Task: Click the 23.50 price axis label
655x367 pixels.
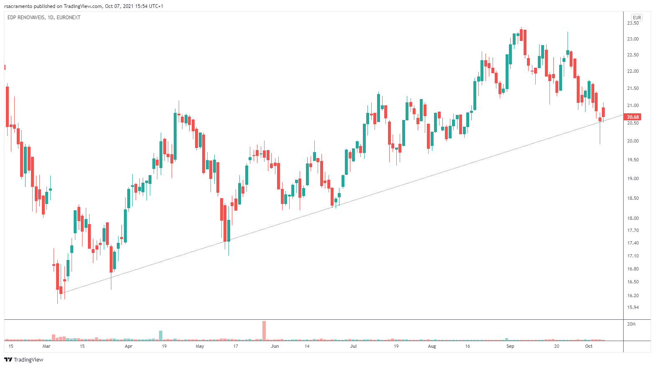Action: [633, 23]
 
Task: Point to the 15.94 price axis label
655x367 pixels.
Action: [633, 308]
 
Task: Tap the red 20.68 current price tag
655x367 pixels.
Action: [632, 117]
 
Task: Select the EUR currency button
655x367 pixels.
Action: [637, 18]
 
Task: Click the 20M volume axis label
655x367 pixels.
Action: [632, 324]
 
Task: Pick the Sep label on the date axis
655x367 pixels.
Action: [510, 346]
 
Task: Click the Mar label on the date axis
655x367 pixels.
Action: [46, 346]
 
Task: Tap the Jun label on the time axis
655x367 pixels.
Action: [275, 346]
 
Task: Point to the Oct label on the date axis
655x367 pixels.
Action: [589, 346]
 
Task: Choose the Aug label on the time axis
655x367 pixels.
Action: [432, 346]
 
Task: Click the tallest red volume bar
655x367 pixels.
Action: [264, 330]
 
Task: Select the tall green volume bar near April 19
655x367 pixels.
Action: [160, 335]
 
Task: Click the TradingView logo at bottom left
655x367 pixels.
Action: [24, 359]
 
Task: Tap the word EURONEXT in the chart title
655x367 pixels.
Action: [68, 18]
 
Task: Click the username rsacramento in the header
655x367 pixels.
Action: [18, 6]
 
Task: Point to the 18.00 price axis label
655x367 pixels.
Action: [633, 218]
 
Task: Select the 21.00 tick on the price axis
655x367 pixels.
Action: [633, 106]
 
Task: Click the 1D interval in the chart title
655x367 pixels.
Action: [51, 18]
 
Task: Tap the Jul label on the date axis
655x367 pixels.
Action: [354, 346]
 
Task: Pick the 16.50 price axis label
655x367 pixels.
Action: [633, 282]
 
